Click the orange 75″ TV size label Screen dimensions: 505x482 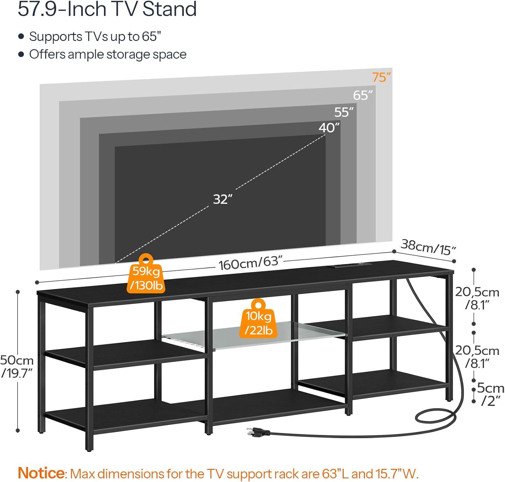[x=381, y=77]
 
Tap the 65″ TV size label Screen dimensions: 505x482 [x=363, y=96]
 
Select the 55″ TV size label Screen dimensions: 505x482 [x=344, y=112]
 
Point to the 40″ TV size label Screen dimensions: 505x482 [x=329, y=127]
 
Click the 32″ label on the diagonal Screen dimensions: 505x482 [x=223, y=199]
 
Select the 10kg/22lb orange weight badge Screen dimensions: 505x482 [x=258, y=318]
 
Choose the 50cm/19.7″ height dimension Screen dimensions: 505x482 [x=17, y=366]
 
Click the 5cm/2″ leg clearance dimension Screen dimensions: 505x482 [x=491, y=394]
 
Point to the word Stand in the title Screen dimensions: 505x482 [x=170, y=9]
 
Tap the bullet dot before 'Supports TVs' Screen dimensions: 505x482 [x=21, y=36]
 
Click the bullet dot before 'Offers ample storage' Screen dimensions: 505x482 [x=21, y=54]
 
